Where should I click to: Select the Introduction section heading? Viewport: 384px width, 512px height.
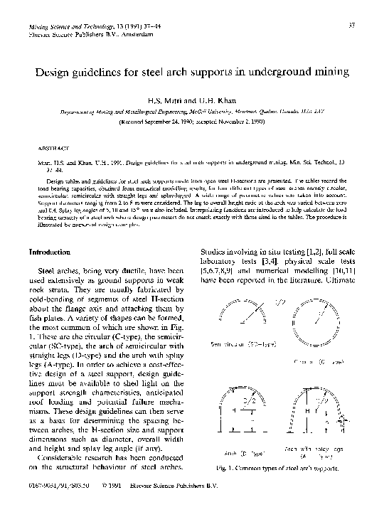pos(49,252)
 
